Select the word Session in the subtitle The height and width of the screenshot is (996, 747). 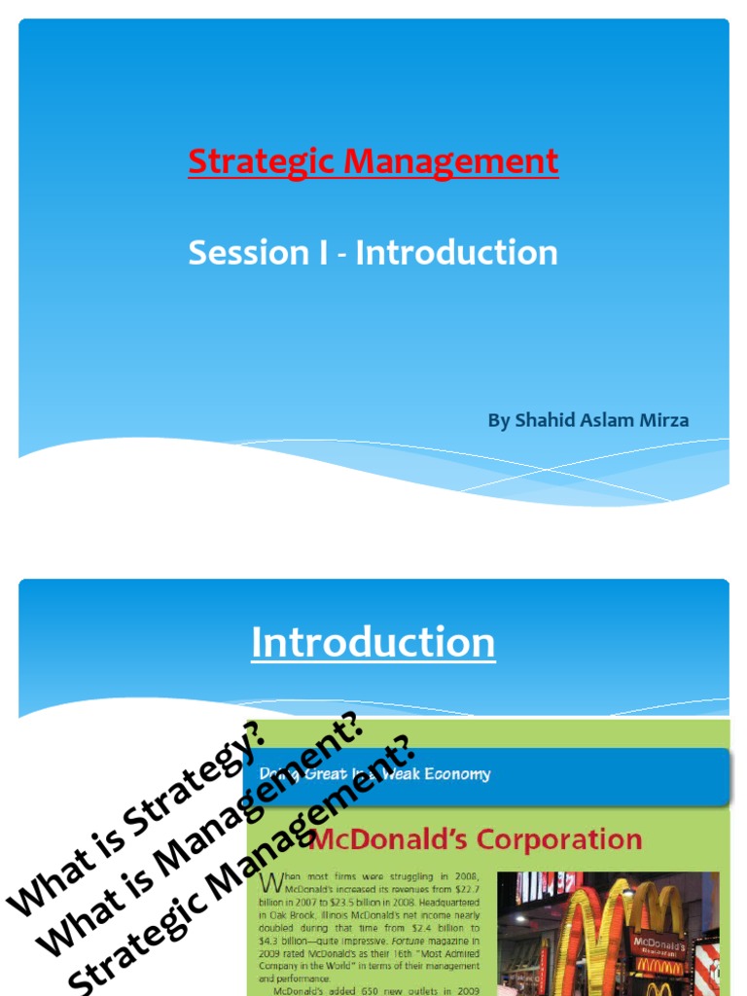[x=234, y=253]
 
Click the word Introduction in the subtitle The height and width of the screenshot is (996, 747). [x=456, y=253]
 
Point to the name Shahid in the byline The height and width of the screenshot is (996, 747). [x=545, y=420]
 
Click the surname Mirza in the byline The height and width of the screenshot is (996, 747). [x=664, y=420]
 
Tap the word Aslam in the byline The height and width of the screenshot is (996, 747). [x=607, y=420]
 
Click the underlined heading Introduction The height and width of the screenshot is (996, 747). [x=373, y=643]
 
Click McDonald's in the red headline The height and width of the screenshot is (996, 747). [x=389, y=839]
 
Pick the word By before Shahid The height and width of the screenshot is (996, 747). [x=498, y=420]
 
